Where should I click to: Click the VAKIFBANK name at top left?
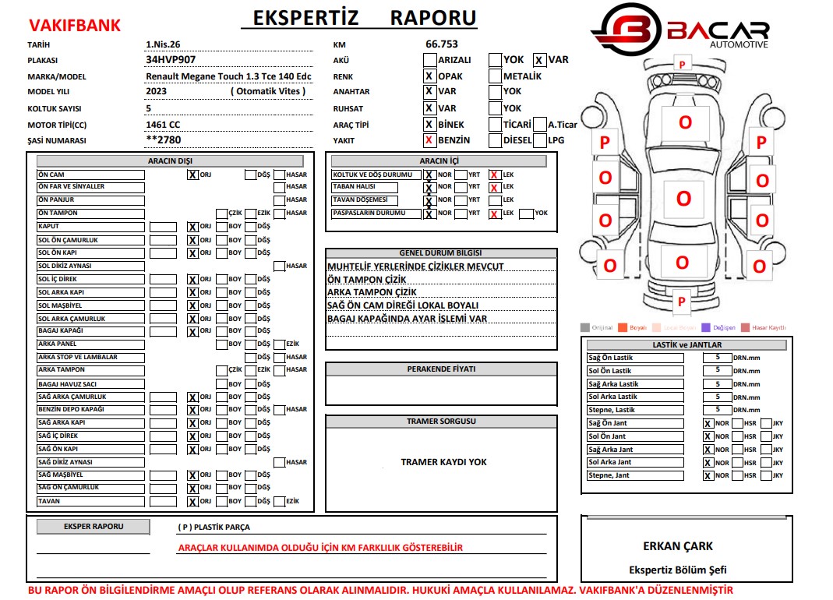click(74, 25)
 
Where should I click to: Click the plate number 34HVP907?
click(171, 59)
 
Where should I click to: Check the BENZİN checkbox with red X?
click(429, 140)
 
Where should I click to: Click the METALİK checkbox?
click(495, 76)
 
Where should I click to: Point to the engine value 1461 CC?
click(163, 125)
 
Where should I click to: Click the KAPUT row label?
click(90, 227)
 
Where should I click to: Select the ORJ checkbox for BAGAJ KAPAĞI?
click(192, 332)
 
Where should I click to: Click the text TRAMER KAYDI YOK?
click(443, 462)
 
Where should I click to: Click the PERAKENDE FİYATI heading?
click(441, 369)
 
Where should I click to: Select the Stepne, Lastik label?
click(634, 410)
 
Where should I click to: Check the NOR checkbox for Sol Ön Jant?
click(708, 437)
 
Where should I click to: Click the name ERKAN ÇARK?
click(677, 546)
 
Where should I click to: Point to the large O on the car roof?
click(683, 198)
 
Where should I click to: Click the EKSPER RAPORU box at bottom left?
click(94, 527)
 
